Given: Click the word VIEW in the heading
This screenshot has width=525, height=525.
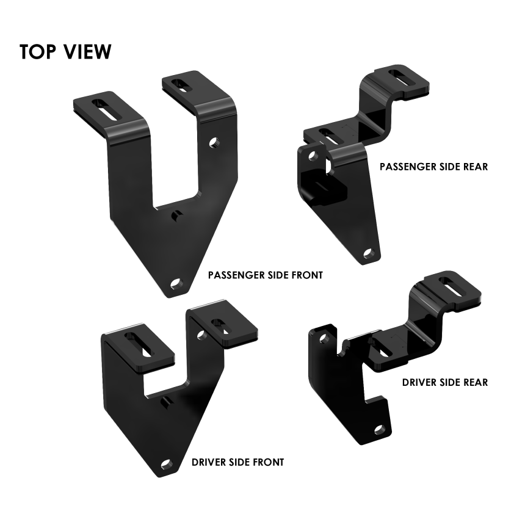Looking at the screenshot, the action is [87, 52].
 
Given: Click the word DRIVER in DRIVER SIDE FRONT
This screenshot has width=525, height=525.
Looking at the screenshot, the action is [208, 462].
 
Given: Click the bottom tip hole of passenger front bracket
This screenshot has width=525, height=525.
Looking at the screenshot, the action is [175, 284].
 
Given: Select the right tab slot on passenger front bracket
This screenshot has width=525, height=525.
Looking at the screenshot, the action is [183, 85].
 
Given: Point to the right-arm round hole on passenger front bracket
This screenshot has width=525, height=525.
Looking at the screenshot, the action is [214, 142].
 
